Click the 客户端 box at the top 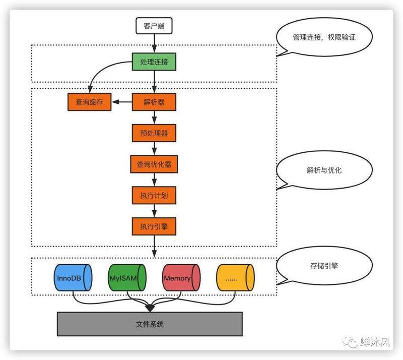pyautogui.click(x=154, y=26)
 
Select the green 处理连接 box pyautogui.click(x=154, y=63)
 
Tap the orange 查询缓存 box pyautogui.click(x=89, y=102)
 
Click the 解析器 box pyautogui.click(x=154, y=102)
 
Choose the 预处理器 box pyautogui.click(x=154, y=134)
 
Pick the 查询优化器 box pyautogui.click(x=154, y=165)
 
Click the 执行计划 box pyautogui.click(x=154, y=196)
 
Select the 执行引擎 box pyautogui.click(x=154, y=226)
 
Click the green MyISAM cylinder pyautogui.click(x=127, y=278)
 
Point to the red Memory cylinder pyautogui.click(x=181, y=278)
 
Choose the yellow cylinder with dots pyautogui.click(x=235, y=278)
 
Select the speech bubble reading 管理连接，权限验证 pyautogui.click(x=325, y=38)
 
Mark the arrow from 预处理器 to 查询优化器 pyautogui.click(x=154, y=149)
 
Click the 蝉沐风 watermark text pyautogui.click(x=376, y=343)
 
